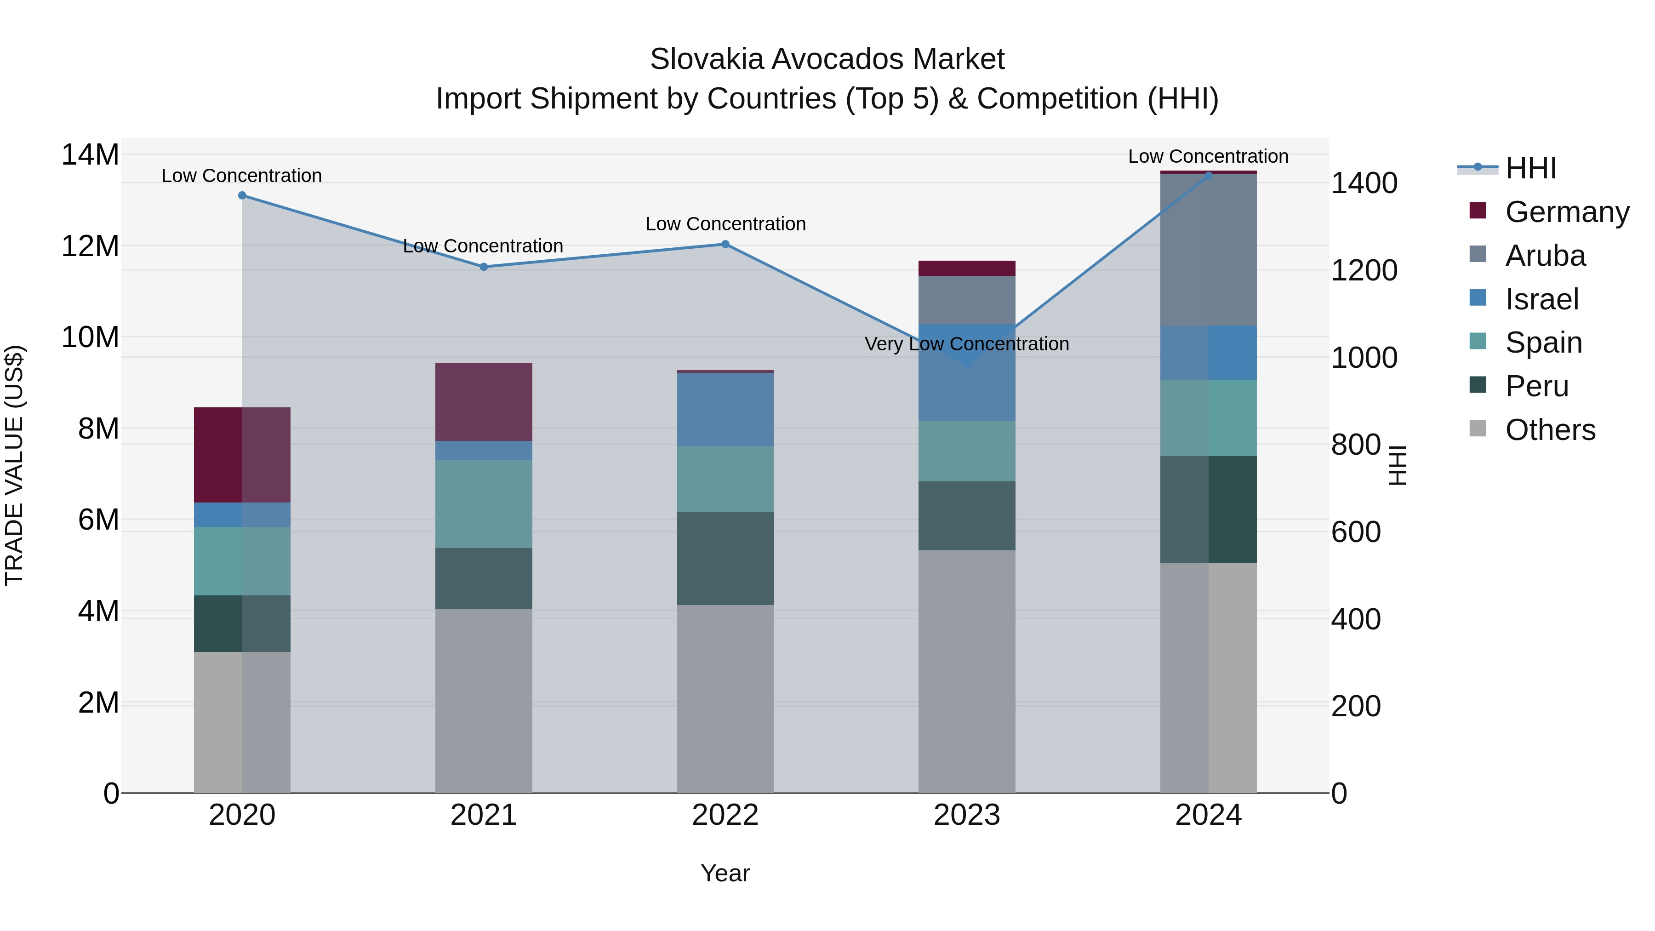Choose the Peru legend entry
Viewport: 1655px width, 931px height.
point(1536,386)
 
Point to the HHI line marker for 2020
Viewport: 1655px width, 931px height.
point(242,195)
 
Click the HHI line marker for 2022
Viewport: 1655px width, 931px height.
point(725,244)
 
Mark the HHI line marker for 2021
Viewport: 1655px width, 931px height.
point(484,267)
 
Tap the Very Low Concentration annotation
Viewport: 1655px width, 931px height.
point(966,344)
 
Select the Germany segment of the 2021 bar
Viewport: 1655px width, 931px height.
point(484,401)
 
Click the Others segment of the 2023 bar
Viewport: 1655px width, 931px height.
point(966,671)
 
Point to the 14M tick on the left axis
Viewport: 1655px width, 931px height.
point(90,155)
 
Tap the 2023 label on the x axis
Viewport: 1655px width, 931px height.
point(966,815)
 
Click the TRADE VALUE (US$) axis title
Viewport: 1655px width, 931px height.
point(15,465)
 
